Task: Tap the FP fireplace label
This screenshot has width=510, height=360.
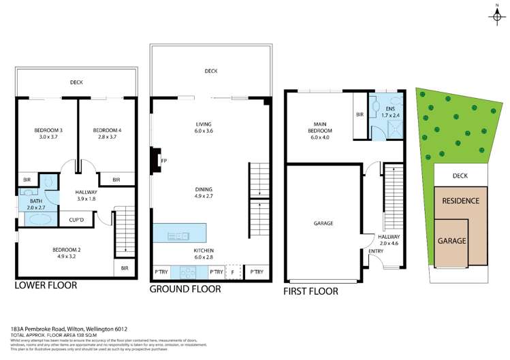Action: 163,161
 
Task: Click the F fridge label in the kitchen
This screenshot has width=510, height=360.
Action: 234,272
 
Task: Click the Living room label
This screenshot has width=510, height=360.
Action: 204,124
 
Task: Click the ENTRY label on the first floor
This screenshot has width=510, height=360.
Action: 376,251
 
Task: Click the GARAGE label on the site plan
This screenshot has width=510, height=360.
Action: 452,241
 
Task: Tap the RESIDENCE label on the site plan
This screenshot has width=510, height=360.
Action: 461,201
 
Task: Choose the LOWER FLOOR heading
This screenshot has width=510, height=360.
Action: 46,286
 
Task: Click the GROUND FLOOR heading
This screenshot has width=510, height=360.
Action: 185,289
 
